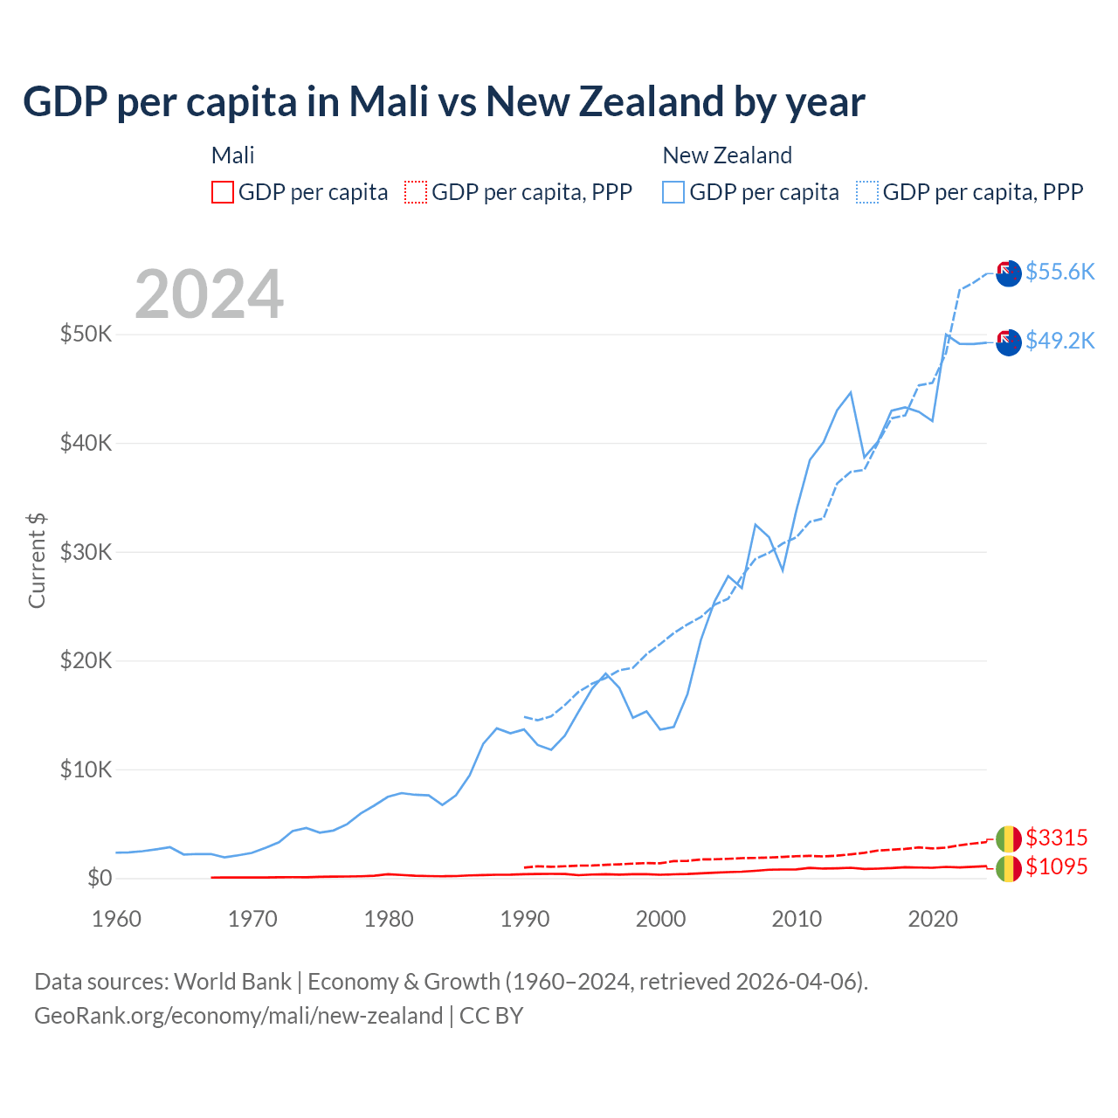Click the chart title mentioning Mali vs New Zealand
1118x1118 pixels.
click(444, 101)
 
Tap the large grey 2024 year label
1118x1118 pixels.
click(209, 294)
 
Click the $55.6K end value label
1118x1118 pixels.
click(1059, 272)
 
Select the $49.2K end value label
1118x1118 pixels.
click(1059, 341)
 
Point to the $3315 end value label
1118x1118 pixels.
click(1056, 838)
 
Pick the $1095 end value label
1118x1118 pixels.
click(1056, 866)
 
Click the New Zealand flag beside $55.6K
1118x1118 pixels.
click(1009, 273)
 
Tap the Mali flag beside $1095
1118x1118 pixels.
click(1009, 868)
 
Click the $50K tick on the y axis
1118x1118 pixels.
click(86, 334)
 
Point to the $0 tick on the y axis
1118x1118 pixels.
click(100, 878)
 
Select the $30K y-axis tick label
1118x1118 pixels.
click(86, 552)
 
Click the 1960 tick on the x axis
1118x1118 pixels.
click(116, 919)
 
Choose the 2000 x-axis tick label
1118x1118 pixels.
click(661, 919)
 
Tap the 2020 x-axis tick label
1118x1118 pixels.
click(933, 919)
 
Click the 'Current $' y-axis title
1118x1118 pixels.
click(37, 560)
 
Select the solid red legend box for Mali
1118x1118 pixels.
click(223, 192)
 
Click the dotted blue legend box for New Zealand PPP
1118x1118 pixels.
click(867, 192)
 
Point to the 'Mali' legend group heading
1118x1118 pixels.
click(232, 155)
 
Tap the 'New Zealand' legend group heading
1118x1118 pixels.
click(727, 155)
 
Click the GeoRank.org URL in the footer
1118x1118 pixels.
click(238, 1016)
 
